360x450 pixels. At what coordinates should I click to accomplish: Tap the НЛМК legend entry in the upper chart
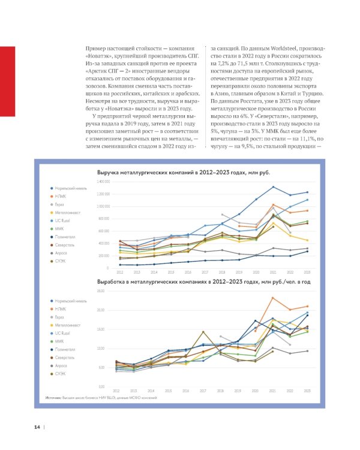pyautogui.click(x=61, y=197)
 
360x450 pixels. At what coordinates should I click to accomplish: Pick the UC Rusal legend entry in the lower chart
pyautogui.click(x=64, y=332)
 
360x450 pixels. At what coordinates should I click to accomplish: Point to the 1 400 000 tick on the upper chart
pyautogui.click(x=103, y=181)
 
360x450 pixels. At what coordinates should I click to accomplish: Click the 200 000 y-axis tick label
pyautogui.click(x=104, y=256)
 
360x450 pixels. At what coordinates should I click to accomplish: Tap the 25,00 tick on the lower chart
pyautogui.click(x=101, y=291)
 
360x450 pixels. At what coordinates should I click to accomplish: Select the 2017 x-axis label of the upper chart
pyautogui.click(x=203, y=272)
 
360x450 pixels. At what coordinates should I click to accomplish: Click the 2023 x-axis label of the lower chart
pyautogui.click(x=307, y=391)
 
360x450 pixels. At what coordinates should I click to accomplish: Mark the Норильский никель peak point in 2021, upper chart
pyautogui.click(x=273, y=187)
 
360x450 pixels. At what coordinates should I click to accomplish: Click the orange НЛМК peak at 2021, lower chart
pyautogui.click(x=273, y=298)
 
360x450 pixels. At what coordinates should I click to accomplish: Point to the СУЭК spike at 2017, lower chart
pyautogui.click(x=203, y=332)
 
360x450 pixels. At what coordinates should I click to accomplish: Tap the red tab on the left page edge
pyautogui.click(x=7, y=83)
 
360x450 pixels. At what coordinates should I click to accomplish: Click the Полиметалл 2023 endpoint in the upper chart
pyautogui.click(x=307, y=251)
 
